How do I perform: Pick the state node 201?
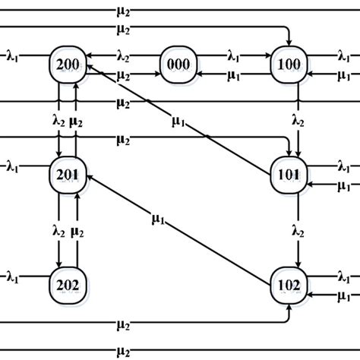(67, 173)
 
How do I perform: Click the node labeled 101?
(292, 173)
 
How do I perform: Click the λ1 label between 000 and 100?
(235, 55)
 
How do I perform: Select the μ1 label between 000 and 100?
(235, 76)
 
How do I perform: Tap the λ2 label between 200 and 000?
(122, 55)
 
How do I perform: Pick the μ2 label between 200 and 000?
(122, 76)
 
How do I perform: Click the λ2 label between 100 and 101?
(298, 120)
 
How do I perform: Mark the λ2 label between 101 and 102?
(298, 229)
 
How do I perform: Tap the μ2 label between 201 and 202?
(77, 229)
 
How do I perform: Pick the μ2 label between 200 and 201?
(77, 120)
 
